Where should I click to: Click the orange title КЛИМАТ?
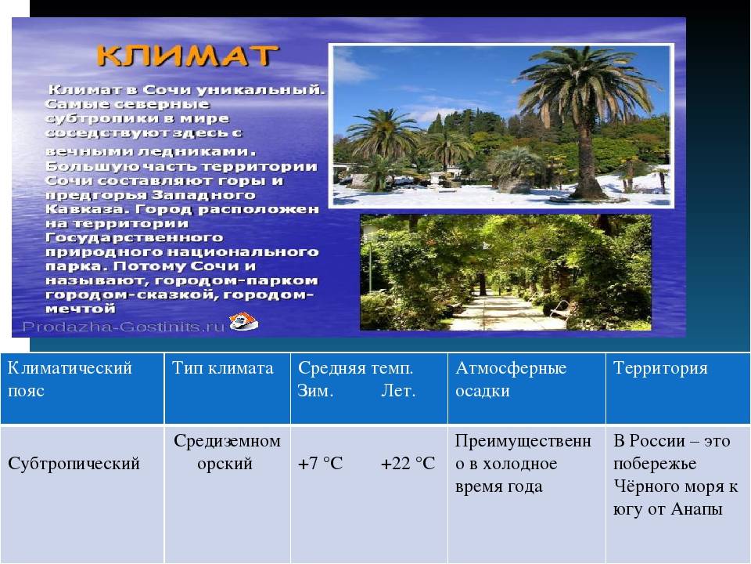tap(187, 56)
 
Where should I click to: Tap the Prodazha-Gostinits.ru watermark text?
tap(123, 327)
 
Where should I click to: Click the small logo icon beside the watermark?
tap(243, 321)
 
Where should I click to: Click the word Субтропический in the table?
tap(74, 464)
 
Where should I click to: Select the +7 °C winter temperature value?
tap(321, 463)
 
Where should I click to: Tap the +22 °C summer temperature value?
tap(408, 463)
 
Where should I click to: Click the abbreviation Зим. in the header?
tap(315, 391)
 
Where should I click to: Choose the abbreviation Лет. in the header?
tap(398, 391)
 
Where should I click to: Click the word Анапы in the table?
tap(697, 509)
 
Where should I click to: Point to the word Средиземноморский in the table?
tap(227, 452)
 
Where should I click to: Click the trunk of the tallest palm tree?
tap(586, 154)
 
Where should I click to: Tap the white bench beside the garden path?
tap(559, 309)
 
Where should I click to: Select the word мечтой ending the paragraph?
tap(81, 309)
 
